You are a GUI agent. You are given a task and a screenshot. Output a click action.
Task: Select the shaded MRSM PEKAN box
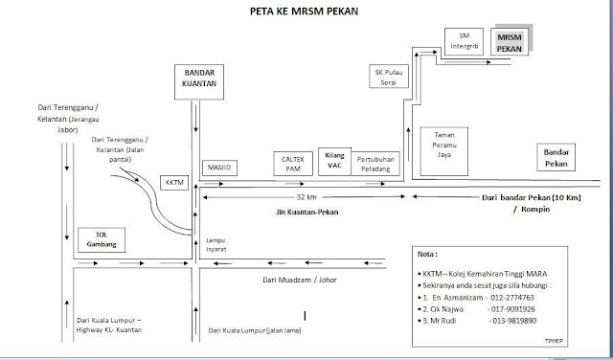coord(507,40)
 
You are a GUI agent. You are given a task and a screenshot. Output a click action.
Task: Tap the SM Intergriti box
coord(465,39)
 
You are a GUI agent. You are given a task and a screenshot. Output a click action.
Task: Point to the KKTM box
coord(173,181)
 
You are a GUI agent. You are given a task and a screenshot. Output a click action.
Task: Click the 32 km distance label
coord(304,196)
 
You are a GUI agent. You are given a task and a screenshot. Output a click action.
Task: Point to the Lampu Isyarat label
coord(216,243)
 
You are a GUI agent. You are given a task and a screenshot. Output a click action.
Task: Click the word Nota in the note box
coord(428,257)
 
